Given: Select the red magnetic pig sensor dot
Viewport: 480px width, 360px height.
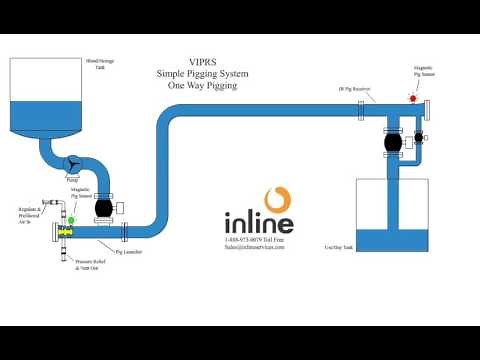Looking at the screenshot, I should point(412,99).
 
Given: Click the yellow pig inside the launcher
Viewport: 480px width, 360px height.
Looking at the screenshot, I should point(65,233).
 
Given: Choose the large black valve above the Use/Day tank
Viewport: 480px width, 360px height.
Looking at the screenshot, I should point(392,142).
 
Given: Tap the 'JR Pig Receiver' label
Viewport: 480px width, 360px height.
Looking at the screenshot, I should point(355,89).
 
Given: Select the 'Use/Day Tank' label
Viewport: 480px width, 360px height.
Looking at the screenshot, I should point(339,246).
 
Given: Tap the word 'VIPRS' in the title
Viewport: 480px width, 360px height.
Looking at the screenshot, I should point(204,62).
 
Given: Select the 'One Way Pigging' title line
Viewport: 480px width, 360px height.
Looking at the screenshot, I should point(204,85).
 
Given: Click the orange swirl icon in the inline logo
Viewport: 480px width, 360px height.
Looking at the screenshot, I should point(278,199).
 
